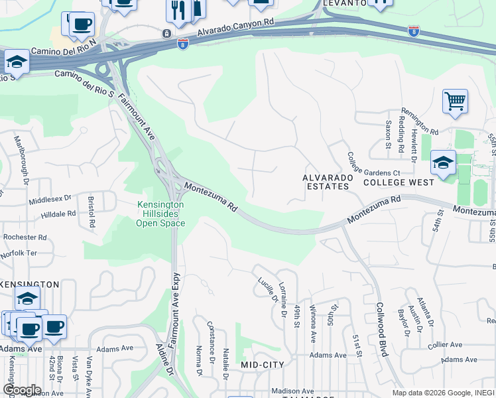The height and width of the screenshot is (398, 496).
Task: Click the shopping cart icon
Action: pyautogui.click(x=455, y=101)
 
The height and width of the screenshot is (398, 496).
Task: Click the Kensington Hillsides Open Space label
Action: pyautogui.click(x=160, y=214)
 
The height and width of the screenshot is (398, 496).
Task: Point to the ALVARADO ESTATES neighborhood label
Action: pyautogui.click(x=326, y=182)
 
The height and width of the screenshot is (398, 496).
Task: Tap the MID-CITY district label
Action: pyautogui.click(x=262, y=365)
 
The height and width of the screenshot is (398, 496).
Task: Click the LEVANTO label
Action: pyautogui.click(x=344, y=3)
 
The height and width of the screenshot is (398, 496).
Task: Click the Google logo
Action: pyautogui.click(x=22, y=390)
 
